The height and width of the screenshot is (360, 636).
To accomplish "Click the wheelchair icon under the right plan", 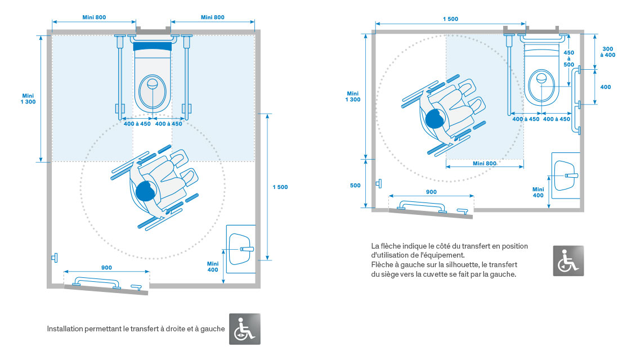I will pos(568,260).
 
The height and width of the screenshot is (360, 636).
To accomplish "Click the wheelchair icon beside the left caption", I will pos(245,328).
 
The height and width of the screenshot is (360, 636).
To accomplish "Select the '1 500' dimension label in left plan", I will pos(280,187).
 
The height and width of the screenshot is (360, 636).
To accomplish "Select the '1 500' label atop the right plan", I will pos(450,19).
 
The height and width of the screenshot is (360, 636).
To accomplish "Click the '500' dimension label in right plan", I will pos(355,185).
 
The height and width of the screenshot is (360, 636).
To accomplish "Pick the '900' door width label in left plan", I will pos(107,267).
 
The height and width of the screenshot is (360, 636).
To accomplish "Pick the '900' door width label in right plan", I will pos(431,192).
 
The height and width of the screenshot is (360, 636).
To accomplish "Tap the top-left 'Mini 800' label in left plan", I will pos(94,17).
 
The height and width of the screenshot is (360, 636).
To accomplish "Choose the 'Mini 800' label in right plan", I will pos(485,164).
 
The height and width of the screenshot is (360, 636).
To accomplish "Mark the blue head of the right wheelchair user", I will pos(435,118).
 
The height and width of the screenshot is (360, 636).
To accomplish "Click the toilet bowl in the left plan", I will pos(152,90).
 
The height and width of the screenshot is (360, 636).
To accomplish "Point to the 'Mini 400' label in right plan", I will pos(538,192).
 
